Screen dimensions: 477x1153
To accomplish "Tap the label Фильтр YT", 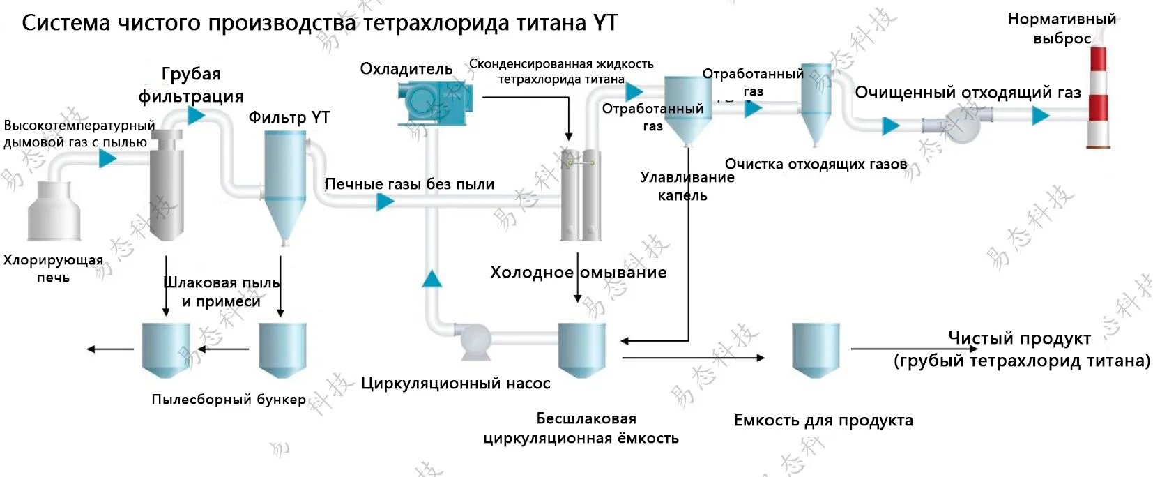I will [289, 117].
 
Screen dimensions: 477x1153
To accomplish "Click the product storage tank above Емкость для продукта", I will [816, 349].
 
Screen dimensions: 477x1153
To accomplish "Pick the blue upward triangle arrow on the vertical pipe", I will [432, 279].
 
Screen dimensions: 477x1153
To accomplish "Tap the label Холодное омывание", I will [578, 272].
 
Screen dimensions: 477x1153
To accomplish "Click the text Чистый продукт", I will [1018, 338].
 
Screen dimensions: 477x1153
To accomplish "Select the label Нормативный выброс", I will [1062, 29].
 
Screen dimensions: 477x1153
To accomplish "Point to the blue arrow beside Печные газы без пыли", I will [385, 202].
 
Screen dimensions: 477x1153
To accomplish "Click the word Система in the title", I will [66, 23].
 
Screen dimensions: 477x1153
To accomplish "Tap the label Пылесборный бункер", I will [229, 400].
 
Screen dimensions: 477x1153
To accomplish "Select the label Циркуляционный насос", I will [455, 383].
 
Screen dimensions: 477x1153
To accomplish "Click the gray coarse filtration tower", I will [167, 185].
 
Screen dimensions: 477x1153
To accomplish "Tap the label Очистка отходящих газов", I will [816, 164].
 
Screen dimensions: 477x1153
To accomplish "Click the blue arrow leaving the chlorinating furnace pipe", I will [107, 159].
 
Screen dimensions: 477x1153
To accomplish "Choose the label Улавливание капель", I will [687, 186].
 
